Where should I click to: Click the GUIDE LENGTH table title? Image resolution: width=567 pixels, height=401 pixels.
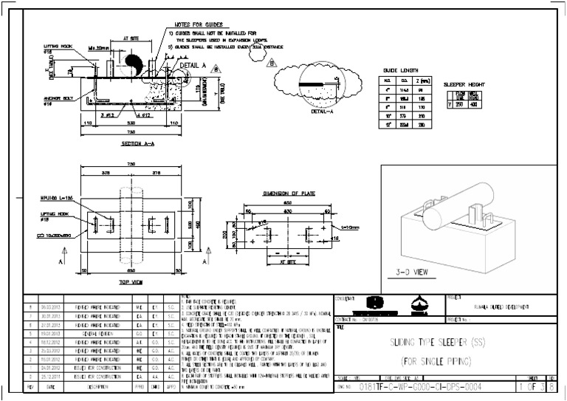coord(399,70)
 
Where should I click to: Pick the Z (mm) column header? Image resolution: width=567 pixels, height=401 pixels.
coord(421,80)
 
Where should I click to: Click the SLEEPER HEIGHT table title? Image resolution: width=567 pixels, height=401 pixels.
coord(464,85)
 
